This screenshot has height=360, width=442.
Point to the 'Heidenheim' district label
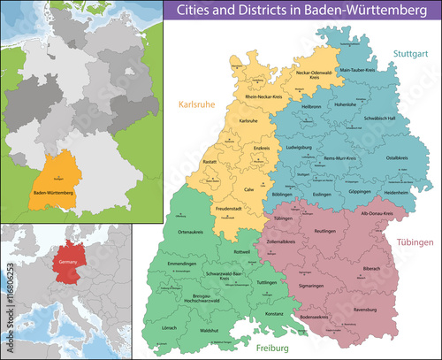[395, 192]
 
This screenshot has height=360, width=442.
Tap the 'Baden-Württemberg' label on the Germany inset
[53, 192]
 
